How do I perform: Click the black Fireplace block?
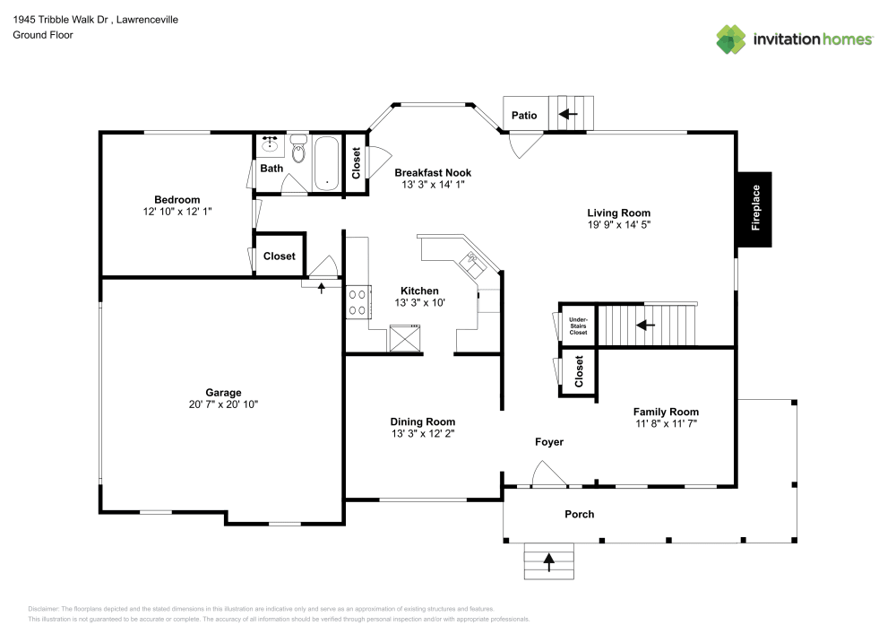754,209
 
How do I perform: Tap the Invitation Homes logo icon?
731,39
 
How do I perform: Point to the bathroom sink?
270,143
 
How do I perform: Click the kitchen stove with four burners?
358,300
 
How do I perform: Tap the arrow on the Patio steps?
567,114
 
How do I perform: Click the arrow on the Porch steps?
548,561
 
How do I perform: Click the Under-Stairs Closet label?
578,325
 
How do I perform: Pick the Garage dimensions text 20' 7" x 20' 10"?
223,405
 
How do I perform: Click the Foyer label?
549,442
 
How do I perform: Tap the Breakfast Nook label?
433,172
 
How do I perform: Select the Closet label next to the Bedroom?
280,256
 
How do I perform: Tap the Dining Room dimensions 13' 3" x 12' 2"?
422,434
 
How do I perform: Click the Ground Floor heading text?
43,35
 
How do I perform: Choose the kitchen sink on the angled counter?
470,263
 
